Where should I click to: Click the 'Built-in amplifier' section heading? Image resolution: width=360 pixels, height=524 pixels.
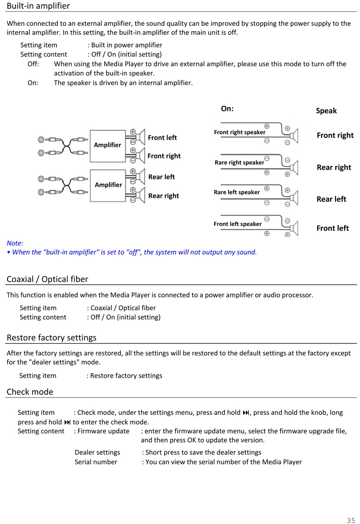click(38, 6)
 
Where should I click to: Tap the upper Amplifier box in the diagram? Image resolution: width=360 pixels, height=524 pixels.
click(108, 145)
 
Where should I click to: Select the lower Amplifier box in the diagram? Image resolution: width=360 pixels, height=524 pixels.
click(108, 185)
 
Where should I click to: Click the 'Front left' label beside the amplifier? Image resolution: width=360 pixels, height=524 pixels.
click(162, 138)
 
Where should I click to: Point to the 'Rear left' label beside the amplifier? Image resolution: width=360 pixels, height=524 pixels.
click(161, 177)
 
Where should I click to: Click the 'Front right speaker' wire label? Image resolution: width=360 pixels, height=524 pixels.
click(239, 132)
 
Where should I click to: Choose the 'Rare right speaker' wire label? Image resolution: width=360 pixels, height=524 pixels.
click(239, 163)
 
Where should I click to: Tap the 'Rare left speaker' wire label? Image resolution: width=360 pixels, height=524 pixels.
click(237, 192)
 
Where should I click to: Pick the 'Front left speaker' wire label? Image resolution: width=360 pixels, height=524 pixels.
click(238, 224)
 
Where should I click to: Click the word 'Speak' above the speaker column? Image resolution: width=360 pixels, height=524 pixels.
click(326, 111)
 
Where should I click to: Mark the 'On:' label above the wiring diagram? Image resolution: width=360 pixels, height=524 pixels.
click(227, 109)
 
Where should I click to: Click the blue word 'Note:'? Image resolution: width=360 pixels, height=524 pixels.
click(15, 243)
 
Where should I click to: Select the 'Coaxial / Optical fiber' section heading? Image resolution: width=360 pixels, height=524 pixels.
click(47, 279)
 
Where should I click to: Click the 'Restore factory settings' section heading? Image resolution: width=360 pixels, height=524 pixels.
click(52, 338)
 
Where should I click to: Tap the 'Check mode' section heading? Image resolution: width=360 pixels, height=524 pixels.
click(30, 392)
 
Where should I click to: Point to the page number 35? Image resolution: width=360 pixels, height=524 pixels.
click(351, 520)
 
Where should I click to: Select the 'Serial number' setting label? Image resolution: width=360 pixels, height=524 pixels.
click(96, 462)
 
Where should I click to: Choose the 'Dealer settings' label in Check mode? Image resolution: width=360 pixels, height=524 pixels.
click(97, 452)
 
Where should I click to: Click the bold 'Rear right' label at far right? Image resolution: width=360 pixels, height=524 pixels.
click(334, 167)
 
